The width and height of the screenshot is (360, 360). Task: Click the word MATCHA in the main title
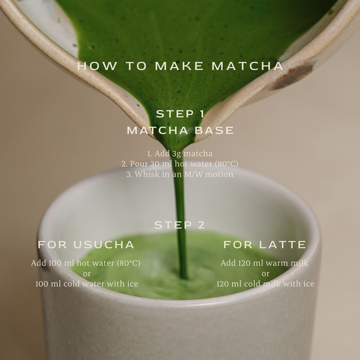click(x=247, y=66)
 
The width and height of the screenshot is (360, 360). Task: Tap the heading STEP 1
click(x=180, y=114)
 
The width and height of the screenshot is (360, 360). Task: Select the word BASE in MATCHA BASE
click(x=214, y=130)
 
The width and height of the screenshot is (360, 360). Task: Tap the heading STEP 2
click(x=180, y=225)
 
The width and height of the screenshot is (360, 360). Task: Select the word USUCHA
click(x=104, y=245)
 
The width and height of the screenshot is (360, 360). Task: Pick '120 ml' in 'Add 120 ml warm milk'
click(x=250, y=263)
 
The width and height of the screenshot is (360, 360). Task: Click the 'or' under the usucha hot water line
click(x=87, y=274)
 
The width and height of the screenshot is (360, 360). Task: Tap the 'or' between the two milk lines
click(x=265, y=274)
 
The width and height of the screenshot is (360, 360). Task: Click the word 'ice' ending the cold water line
click(x=132, y=284)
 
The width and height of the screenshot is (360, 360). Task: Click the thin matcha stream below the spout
click(x=180, y=202)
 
